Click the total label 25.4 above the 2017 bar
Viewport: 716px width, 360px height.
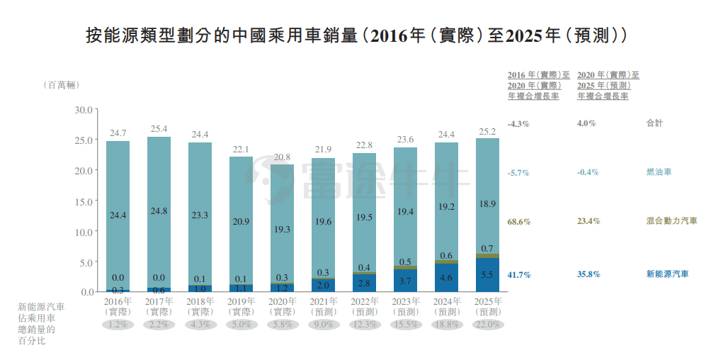[159, 129]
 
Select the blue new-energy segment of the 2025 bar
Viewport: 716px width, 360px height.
[487, 275]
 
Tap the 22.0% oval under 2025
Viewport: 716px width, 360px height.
[487, 325]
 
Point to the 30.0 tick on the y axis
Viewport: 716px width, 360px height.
[84, 110]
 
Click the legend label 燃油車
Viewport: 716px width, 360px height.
[659, 172]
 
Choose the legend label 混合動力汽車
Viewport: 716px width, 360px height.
[671, 221]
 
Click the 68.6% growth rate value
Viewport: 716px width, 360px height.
[518, 222]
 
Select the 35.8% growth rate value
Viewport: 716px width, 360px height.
[589, 274]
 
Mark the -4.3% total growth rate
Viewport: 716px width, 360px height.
[518, 123]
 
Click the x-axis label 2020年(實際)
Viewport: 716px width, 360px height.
[282, 306]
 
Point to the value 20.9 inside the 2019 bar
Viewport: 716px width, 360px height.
[241, 222]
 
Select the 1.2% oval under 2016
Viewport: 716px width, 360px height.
[118, 325]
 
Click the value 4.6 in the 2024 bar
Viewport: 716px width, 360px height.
[446, 278]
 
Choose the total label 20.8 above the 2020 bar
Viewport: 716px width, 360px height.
[282, 157]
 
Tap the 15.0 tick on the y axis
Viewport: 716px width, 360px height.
[84, 201]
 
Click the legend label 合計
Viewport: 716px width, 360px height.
[654, 123]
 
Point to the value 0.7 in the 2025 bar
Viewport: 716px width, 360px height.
[487, 249]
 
